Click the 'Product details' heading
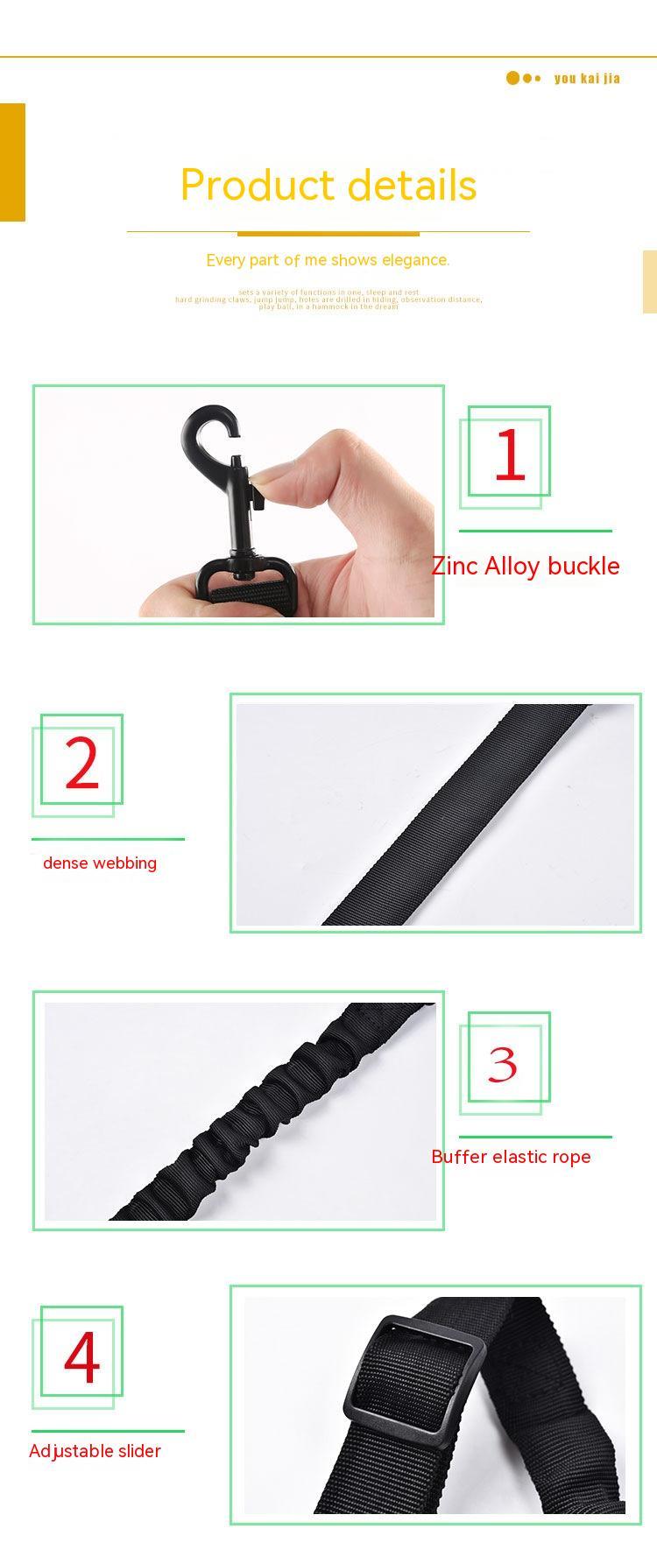point(328,185)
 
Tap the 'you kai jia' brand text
point(587,79)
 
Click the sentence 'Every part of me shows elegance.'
point(328,260)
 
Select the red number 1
point(509,454)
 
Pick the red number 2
point(82,764)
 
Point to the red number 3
point(503,1064)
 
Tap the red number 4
point(82,1357)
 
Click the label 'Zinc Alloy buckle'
point(526,566)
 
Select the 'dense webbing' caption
point(100,863)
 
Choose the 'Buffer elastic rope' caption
point(511,1157)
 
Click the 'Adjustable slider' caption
point(95,1451)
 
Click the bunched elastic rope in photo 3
point(263,1112)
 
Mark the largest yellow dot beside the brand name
point(513,78)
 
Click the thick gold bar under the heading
point(328,234)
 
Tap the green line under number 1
point(535,531)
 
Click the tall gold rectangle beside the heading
point(12,162)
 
